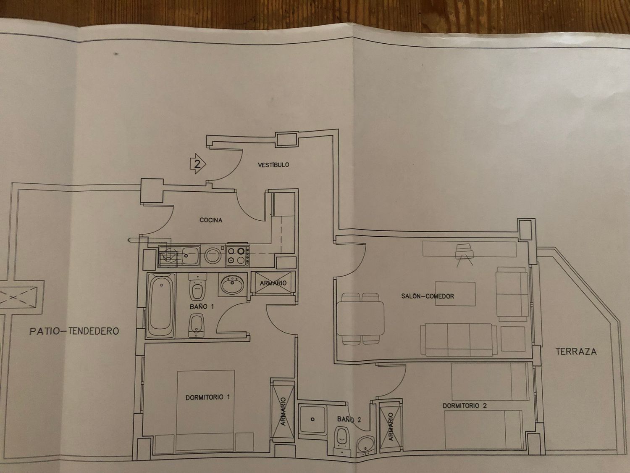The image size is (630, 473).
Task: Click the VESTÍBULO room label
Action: pos(273,165)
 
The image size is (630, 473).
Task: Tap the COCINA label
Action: pos(211,220)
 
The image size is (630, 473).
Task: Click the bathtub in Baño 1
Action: pos(161,305)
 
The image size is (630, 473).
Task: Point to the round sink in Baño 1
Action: pos(233,285)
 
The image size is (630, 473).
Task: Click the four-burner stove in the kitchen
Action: pos(238,256)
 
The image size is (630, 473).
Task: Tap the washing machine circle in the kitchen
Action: pos(213,255)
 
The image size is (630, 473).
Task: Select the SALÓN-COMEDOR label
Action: pos(428,296)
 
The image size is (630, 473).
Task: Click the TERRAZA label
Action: pos(576,351)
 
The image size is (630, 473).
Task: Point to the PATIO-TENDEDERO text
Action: pos(74,331)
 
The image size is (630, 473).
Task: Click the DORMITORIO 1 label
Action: pos(207,397)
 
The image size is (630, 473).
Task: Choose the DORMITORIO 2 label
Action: pos(465,406)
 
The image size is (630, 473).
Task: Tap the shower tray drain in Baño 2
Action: pos(312,419)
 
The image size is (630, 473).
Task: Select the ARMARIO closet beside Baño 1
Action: pos(273,283)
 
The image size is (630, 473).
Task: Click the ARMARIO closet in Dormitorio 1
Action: pos(283,411)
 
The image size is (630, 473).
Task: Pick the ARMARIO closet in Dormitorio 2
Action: pos(391,426)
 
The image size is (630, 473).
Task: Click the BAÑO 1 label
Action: pos(202,307)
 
